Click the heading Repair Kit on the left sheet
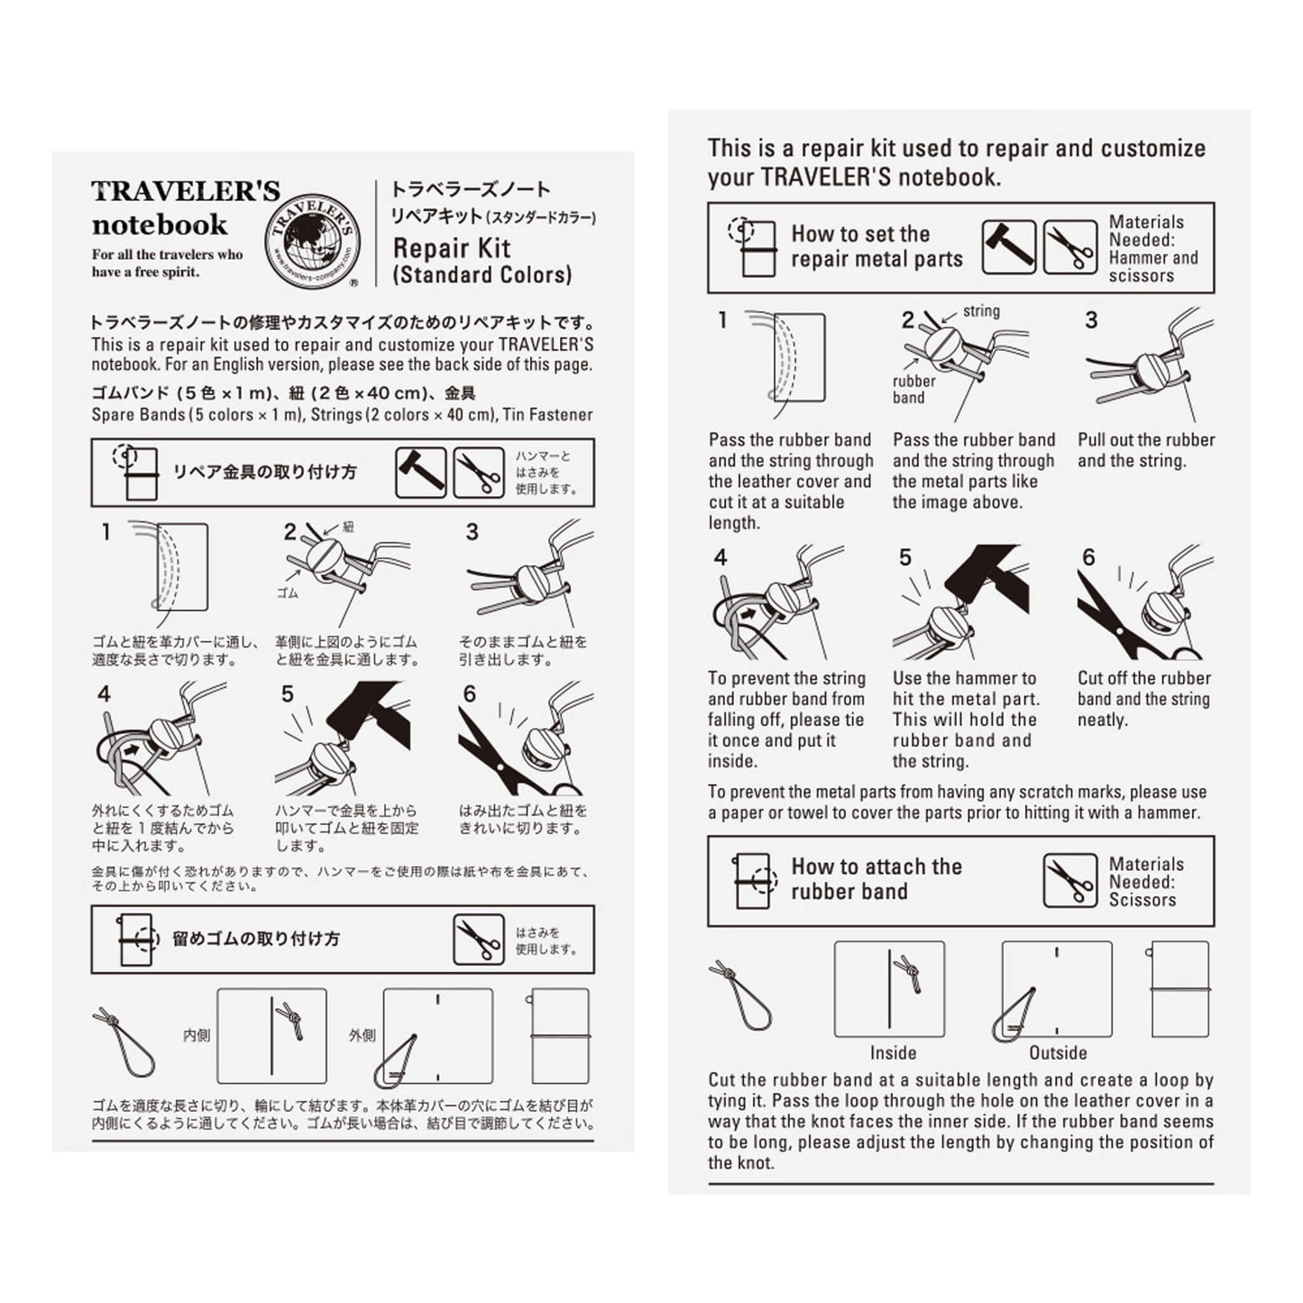tap(452, 248)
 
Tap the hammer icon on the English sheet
tap(1008, 247)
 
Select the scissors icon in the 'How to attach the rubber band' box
tap(1069, 881)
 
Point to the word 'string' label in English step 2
tap(981, 311)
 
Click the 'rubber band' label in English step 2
tap(913, 389)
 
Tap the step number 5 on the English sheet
tap(905, 558)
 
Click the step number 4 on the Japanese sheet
tap(105, 693)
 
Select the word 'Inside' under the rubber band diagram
tap(893, 1052)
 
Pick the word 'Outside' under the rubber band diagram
tap(1058, 1052)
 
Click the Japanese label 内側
tap(196, 1036)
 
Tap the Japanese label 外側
tap(362, 1036)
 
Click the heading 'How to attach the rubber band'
tap(876, 879)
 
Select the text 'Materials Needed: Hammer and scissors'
tap(1152, 249)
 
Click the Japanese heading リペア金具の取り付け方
tap(264, 472)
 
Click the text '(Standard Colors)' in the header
tap(482, 275)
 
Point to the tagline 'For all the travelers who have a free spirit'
tap(167, 262)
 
